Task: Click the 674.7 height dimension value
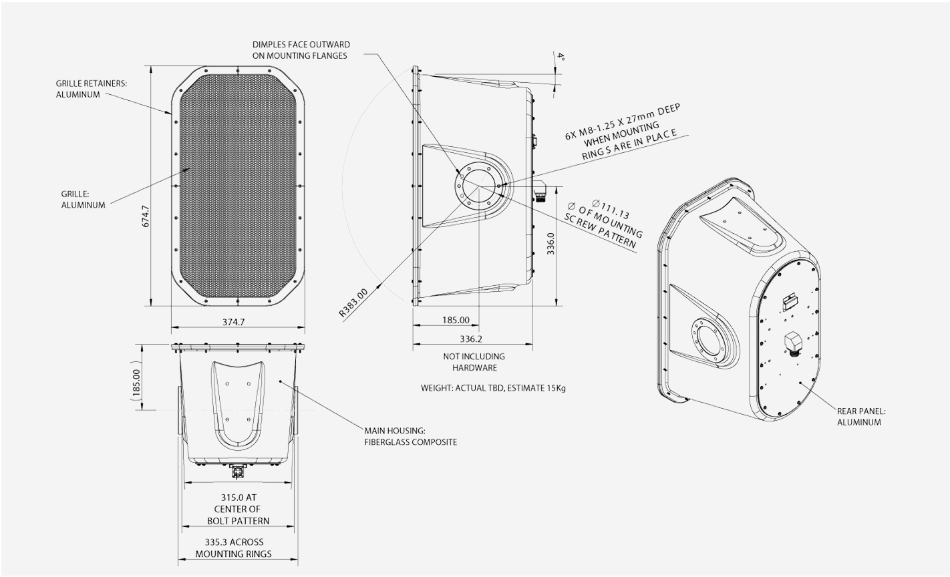point(146,216)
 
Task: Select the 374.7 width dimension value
point(234,322)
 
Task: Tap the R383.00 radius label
point(353,303)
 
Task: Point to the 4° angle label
point(561,57)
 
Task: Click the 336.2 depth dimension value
point(471,339)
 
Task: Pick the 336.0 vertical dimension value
point(550,243)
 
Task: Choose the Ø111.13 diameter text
point(611,208)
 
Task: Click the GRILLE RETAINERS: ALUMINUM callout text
point(91,89)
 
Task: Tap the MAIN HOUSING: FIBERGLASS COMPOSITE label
point(411,436)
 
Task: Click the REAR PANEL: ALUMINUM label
point(861,417)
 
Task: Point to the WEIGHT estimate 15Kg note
point(493,388)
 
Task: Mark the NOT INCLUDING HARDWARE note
point(474,362)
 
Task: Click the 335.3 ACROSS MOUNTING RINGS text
point(234,548)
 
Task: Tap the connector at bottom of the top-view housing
point(238,471)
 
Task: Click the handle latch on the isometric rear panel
point(789,302)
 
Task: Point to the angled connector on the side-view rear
point(539,191)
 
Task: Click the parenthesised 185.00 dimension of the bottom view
point(136,385)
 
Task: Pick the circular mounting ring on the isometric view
point(693,339)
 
